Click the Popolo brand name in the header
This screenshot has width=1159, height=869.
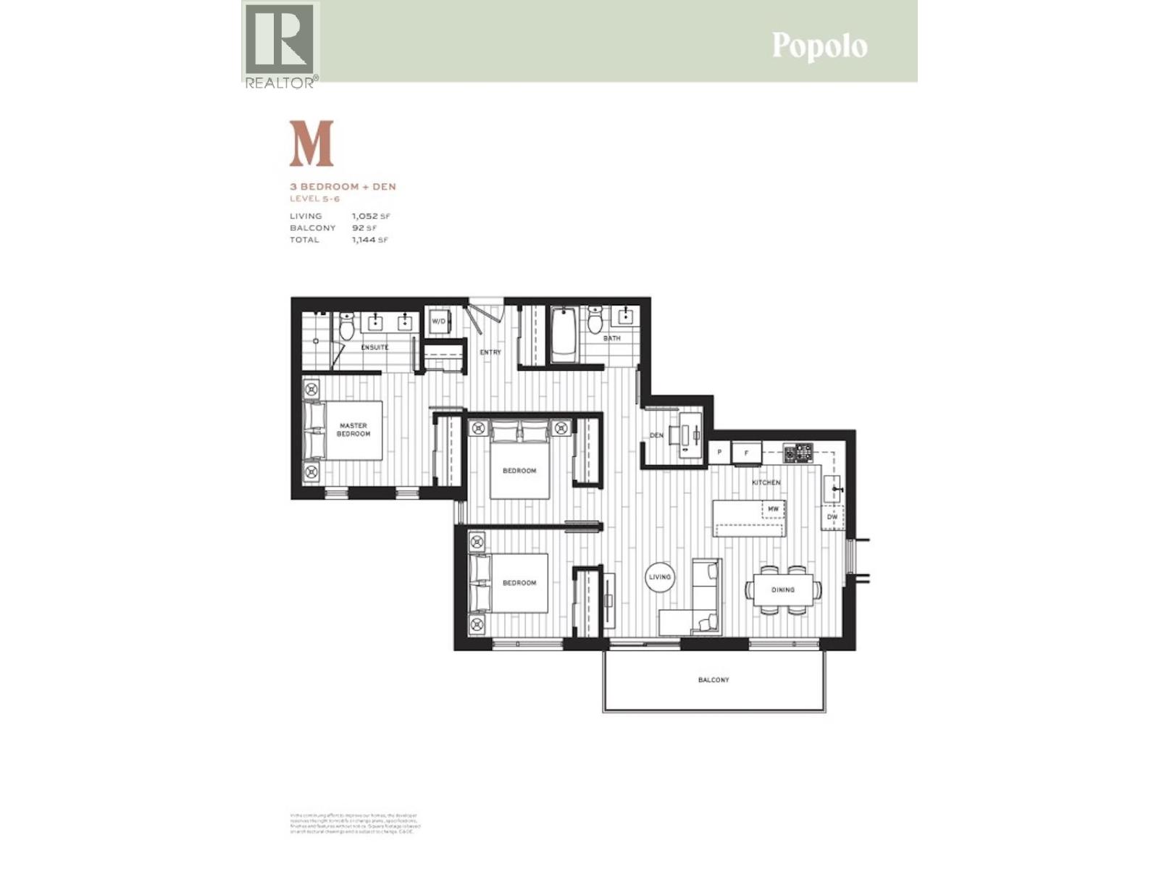819,46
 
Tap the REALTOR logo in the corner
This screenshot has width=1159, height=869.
280,45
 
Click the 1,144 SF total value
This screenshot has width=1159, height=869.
370,240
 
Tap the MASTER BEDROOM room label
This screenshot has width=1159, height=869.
353,429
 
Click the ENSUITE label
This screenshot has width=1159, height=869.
375,347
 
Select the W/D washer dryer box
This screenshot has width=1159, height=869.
439,321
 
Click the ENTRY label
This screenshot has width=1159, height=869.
490,352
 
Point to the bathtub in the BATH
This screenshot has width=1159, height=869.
564,335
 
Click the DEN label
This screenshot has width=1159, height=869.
656,435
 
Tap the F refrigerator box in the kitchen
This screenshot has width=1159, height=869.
746,453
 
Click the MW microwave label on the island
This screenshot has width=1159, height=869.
773,509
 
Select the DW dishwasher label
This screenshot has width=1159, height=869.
832,517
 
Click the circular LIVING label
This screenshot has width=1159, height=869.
660,577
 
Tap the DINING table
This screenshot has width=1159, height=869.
783,589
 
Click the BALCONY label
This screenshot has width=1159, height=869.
714,680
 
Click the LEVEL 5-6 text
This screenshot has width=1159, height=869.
314,198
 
